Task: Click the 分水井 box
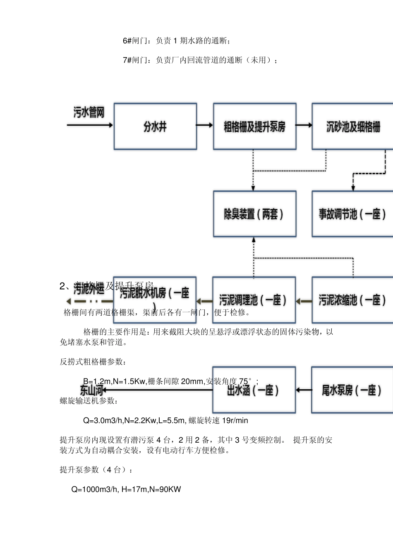coord(155,127)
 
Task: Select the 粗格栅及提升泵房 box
coord(254,127)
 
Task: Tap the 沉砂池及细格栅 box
coord(352,127)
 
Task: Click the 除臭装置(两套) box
coord(254,214)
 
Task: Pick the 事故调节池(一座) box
coord(352,214)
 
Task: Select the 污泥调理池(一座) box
coord(254,300)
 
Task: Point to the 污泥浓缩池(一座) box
coord(352,300)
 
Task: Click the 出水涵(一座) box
coord(254,390)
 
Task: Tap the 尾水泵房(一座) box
coord(352,390)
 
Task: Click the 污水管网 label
coord(89,112)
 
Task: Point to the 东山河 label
coord(91,390)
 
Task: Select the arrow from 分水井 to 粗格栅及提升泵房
coord(205,125)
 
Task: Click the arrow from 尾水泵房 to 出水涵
coord(304,390)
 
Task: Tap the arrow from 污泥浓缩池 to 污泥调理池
coord(304,302)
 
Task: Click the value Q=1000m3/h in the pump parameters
coord(95,489)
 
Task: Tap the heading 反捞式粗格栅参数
coord(93,362)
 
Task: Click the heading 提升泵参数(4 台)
coord(96,470)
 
